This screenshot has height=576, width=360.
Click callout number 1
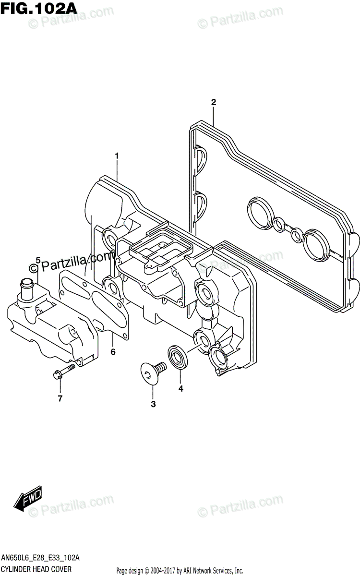coord(116,156)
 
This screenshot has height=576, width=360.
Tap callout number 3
coord(153,404)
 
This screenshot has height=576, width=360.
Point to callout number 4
coord(181,388)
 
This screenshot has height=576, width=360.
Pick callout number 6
coord(113,352)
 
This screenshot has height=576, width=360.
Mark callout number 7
coord(60,398)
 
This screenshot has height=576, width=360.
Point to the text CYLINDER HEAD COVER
coord(37,569)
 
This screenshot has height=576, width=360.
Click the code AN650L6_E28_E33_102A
coord(41,558)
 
